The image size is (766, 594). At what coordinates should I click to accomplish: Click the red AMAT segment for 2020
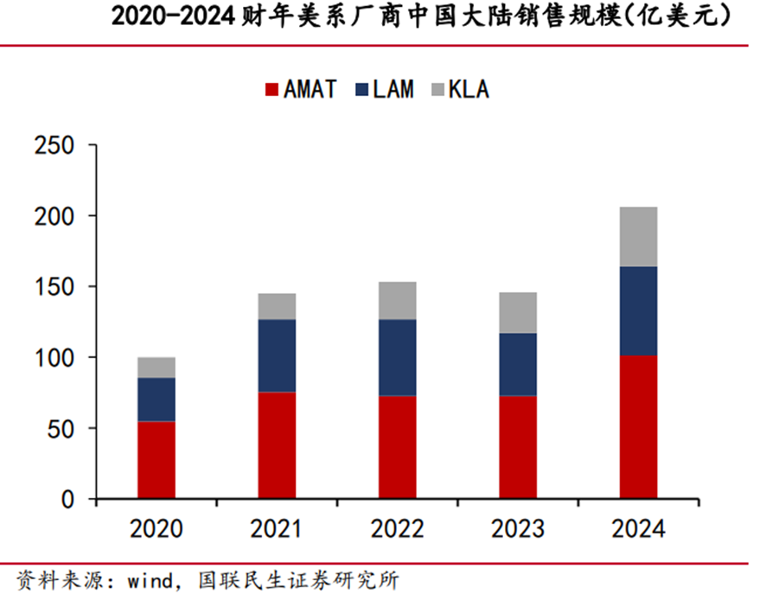[x=156, y=460]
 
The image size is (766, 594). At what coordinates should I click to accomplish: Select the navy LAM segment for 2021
[x=277, y=355]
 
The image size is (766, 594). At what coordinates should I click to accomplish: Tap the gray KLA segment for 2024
[x=638, y=236]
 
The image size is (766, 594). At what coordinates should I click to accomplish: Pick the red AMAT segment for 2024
[x=638, y=427]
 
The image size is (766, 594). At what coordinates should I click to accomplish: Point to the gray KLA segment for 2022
[x=397, y=300]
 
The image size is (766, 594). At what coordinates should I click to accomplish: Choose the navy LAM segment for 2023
[x=517, y=364]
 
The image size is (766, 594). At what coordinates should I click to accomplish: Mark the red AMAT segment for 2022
[x=397, y=447]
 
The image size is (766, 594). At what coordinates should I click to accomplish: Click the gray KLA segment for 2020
[x=156, y=367]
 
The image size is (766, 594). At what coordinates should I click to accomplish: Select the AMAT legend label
[x=310, y=89]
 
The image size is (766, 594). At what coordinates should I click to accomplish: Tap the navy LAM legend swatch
[x=361, y=89]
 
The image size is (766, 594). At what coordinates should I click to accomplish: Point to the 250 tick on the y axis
[x=54, y=145]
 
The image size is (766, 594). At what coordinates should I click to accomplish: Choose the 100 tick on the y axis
[x=54, y=357]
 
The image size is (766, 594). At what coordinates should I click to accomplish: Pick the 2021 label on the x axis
[x=277, y=528]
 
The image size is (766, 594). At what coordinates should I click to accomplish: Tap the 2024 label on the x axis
[x=638, y=528]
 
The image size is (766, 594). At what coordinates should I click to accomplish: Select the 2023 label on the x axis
[x=517, y=528]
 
